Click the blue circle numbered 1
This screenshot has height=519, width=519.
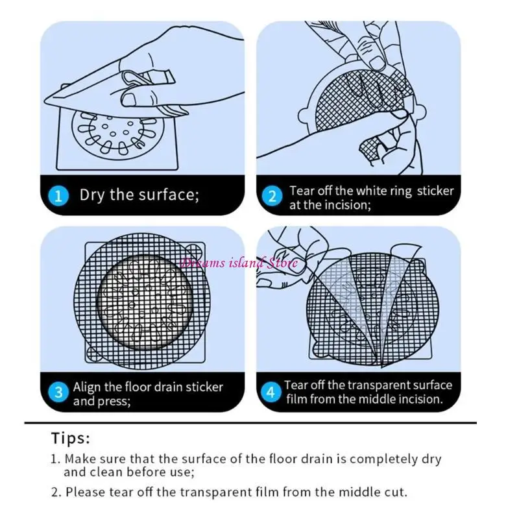(58, 196)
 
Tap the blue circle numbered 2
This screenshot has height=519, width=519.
(272, 196)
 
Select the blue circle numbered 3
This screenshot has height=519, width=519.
(58, 392)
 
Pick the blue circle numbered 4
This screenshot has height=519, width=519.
(271, 392)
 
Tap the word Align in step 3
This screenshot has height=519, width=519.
(88, 387)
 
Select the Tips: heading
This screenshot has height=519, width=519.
(71, 439)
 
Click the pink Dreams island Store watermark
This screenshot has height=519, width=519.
(239, 263)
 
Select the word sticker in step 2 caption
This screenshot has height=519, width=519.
(435, 191)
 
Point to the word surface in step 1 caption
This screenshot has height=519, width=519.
(169, 195)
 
